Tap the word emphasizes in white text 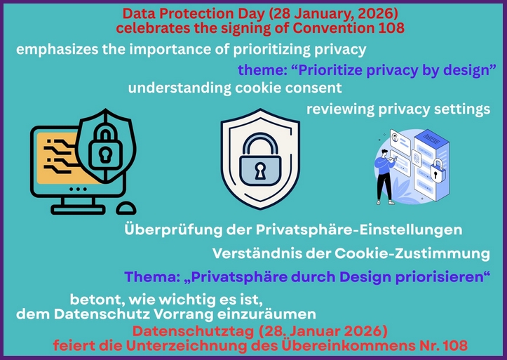click(53, 50)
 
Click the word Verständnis click(254, 253)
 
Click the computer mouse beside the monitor click(127, 207)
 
